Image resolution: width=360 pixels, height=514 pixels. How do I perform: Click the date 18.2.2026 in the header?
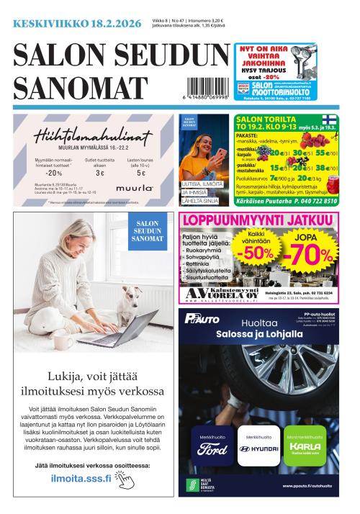point(115,24)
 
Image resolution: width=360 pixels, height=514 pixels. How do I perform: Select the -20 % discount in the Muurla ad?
point(54,173)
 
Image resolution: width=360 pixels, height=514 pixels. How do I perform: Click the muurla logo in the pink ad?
point(139,188)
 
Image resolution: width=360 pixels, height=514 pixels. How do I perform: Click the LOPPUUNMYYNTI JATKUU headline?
point(258,222)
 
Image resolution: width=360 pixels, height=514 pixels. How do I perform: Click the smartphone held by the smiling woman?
point(214,154)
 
